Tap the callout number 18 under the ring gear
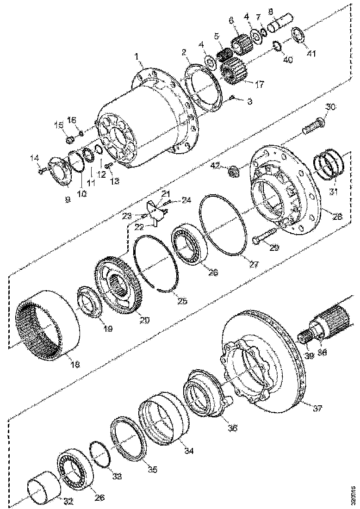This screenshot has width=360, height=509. click(74, 364)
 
